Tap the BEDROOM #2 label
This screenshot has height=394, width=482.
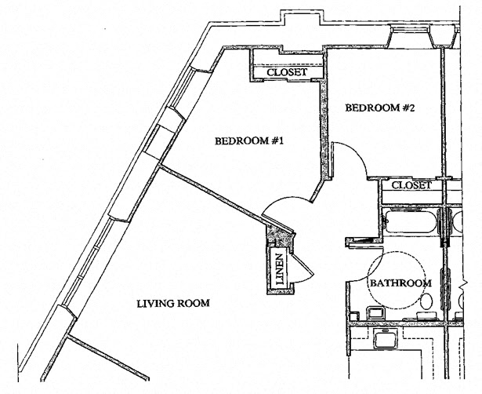pos(379,108)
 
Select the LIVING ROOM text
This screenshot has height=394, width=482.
pos(172,304)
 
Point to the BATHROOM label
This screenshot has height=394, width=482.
pos(400,283)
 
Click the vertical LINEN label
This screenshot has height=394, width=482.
pos(277,268)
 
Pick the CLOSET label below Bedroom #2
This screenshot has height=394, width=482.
pos(411,186)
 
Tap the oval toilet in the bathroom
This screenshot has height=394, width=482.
pos(427,302)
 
